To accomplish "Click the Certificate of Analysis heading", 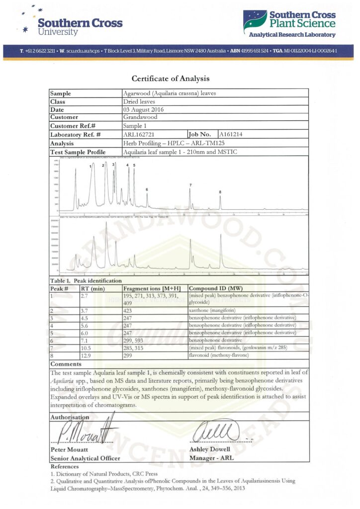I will click(x=171, y=79).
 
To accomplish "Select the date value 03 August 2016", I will click(x=144, y=109).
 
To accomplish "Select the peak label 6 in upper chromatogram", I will click(x=147, y=189).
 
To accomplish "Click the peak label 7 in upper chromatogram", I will click(x=190, y=185).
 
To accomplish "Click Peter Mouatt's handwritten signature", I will click(x=85, y=430).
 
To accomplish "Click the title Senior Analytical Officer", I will click(x=85, y=458).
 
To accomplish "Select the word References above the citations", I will click(x=65, y=466).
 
